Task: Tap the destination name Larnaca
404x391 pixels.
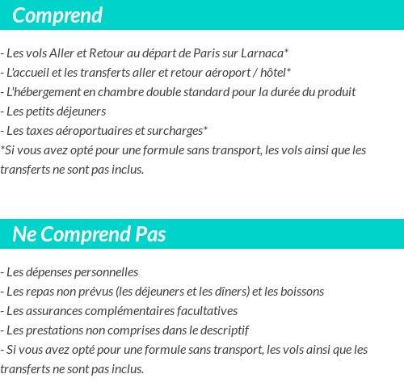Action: click(x=263, y=53)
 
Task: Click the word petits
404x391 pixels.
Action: click(x=44, y=111)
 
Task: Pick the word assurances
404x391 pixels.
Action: click(x=56, y=311)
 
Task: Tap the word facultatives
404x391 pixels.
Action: click(x=204, y=311)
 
